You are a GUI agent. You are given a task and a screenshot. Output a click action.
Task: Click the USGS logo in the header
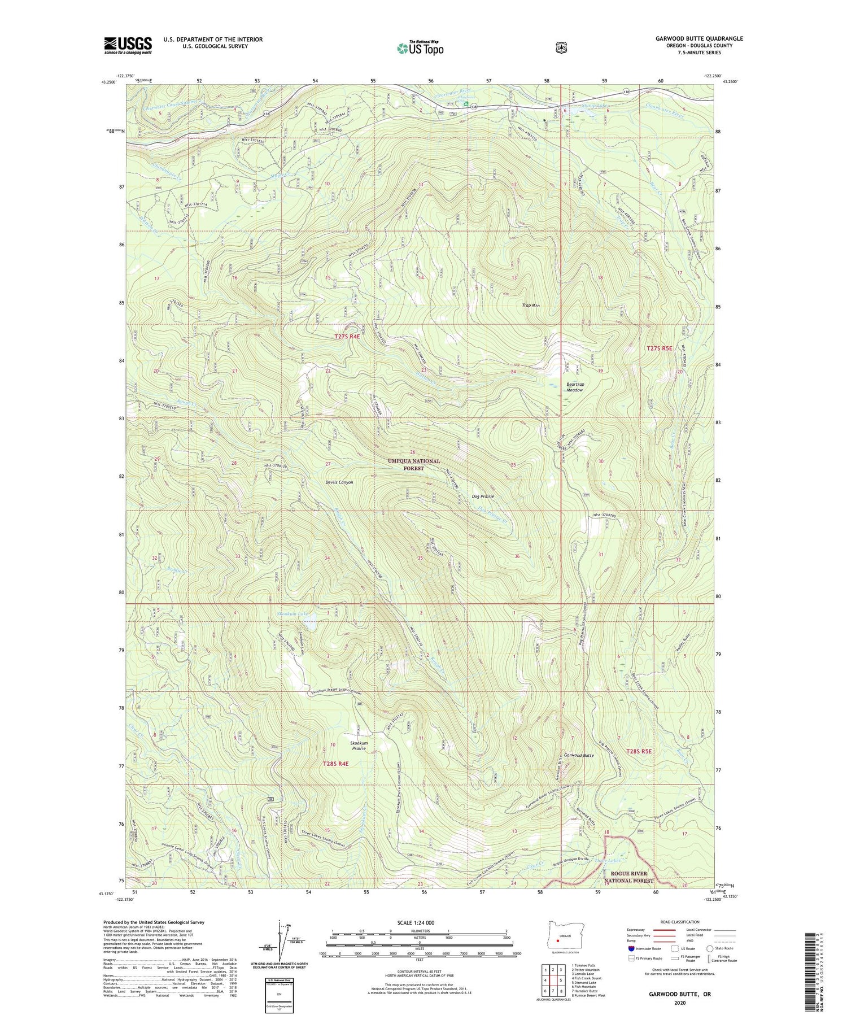[128, 45]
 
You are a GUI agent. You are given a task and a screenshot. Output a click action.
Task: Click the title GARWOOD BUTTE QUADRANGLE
[699, 39]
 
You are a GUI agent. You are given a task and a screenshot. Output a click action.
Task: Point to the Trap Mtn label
[531, 306]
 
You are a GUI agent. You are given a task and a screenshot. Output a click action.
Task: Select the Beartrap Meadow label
[574, 387]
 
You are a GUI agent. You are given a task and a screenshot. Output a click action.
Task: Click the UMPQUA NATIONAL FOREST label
[413, 464]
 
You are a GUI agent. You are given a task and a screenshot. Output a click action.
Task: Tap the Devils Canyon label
[339, 482]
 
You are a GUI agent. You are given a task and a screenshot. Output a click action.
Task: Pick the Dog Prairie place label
[483, 496]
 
